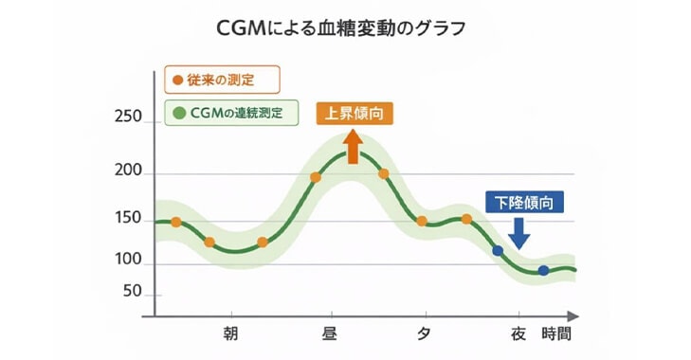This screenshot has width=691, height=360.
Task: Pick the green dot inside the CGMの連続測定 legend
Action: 178,113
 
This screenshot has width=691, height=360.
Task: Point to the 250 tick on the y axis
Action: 126,120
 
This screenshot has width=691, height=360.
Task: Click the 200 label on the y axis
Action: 126,172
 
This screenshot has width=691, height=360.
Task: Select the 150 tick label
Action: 126,220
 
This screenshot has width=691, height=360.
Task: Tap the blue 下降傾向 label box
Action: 524,202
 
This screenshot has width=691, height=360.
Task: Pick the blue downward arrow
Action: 520,230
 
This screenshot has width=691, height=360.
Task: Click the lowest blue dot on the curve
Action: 543,271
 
